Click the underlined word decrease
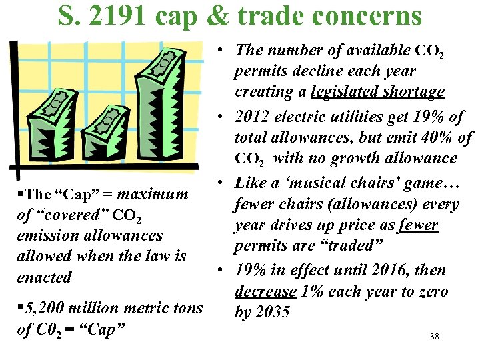click(265, 291)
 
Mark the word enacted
click(44, 277)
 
